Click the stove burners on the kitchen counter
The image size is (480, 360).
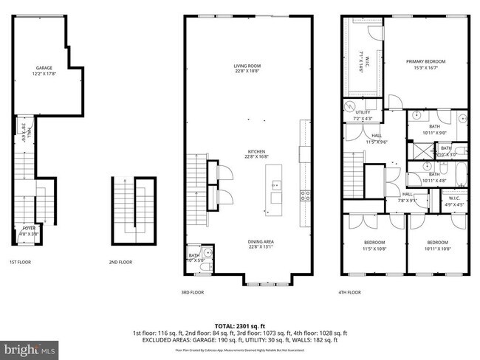click(x=304, y=195)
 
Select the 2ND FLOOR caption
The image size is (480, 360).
click(x=120, y=262)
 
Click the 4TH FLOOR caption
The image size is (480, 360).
click(x=350, y=292)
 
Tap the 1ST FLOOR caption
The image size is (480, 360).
click(x=19, y=262)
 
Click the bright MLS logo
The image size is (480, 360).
click(x=29, y=347)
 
